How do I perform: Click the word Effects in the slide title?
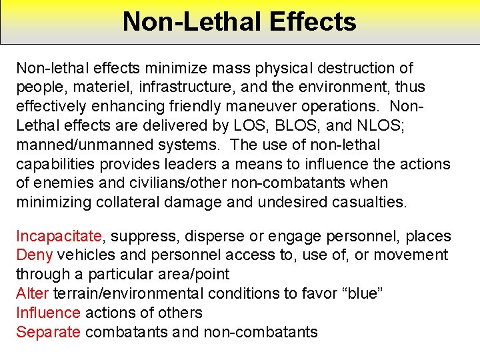click(313, 21)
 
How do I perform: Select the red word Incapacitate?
click(59, 236)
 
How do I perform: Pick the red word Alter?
click(33, 293)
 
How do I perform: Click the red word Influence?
click(48, 313)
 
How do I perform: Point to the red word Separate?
click(48, 331)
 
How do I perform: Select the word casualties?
click(360, 202)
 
